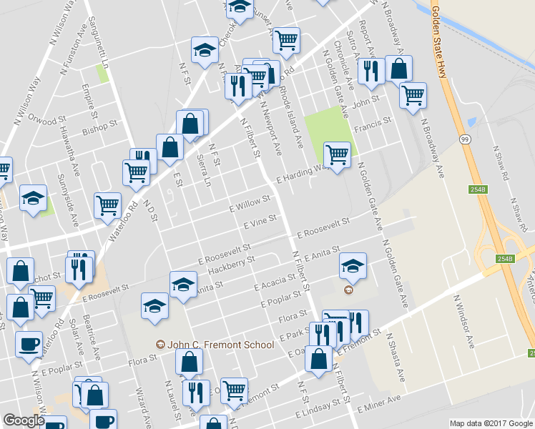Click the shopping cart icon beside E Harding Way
(336, 153)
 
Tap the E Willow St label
(249, 202)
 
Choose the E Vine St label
(260, 221)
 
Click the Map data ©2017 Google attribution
(491, 423)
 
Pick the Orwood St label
(46, 119)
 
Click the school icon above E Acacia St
(352, 266)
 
